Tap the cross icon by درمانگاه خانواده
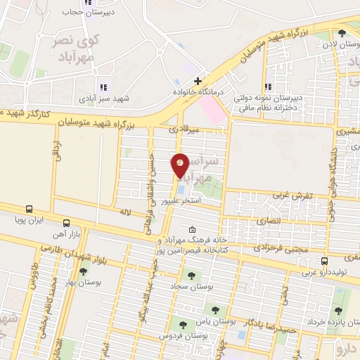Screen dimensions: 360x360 coord(199,81)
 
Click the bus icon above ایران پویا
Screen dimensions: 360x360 coord(29,209)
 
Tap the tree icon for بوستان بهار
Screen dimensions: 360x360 coord(83,272)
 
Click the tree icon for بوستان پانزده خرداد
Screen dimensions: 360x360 coord(338,311)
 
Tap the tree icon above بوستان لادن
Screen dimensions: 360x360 coord(342,34)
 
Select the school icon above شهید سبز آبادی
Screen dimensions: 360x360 coord(103,87)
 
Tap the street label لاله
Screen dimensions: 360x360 coord(126,211)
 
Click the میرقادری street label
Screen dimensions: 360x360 coord(184,130)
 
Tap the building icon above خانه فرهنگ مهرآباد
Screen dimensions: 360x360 coord(192,229)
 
